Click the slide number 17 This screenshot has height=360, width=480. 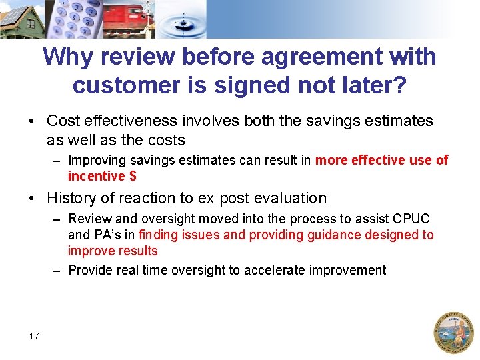pyautogui.click(x=34, y=336)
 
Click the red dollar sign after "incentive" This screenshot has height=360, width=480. pyautogui.click(x=133, y=176)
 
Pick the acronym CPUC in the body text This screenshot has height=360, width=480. pyautogui.click(x=412, y=219)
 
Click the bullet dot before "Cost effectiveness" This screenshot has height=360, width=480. pyautogui.click(x=32, y=121)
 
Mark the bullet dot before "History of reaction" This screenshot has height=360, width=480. pyautogui.click(x=32, y=199)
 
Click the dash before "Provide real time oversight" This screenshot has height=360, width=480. pyautogui.click(x=58, y=271)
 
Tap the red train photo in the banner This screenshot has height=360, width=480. pyautogui.click(x=131, y=19)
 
